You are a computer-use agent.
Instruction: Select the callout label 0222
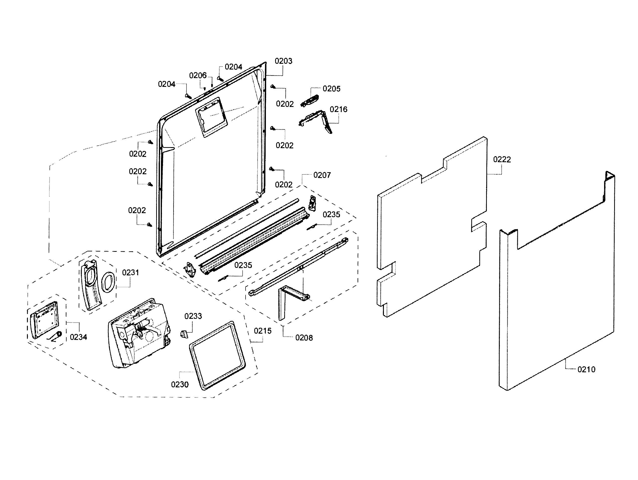click(x=502, y=159)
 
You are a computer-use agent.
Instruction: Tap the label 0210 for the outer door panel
click(x=586, y=370)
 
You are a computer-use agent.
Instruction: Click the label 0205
click(x=331, y=89)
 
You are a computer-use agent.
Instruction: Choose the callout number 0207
click(x=322, y=175)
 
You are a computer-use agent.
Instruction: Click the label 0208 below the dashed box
click(x=304, y=338)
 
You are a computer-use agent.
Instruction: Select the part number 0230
click(x=180, y=385)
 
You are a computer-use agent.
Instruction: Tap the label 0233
click(x=193, y=316)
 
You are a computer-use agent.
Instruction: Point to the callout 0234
click(x=78, y=337)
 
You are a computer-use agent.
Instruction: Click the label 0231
click(x=130, y=273)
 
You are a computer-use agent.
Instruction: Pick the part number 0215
click(x=262, y=331)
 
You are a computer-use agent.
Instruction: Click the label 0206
click(x=198, y=76)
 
